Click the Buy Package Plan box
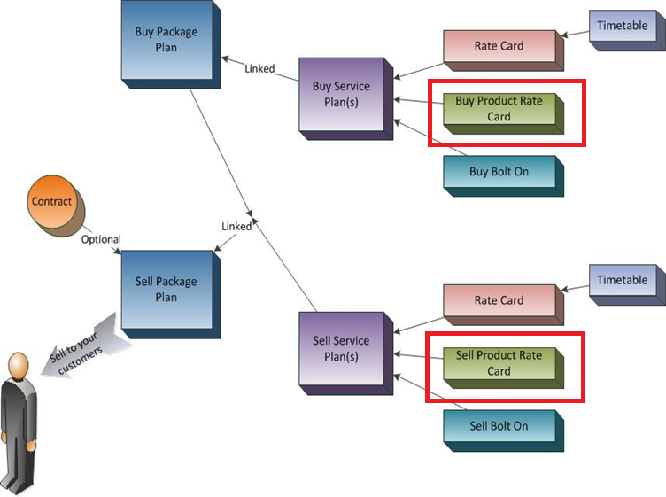[x=166, y=41]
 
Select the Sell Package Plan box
[x=166, y=290]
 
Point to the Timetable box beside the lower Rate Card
[x=622, y=281]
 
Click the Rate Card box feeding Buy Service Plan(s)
[x=499, y=46]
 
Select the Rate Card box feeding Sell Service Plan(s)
[x=499, y=300]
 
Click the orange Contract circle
[x=52, y=202]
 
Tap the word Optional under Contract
[x=101, y=239]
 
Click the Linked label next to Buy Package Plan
[x=259, y=69]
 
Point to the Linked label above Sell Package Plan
[x=236, y=227]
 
